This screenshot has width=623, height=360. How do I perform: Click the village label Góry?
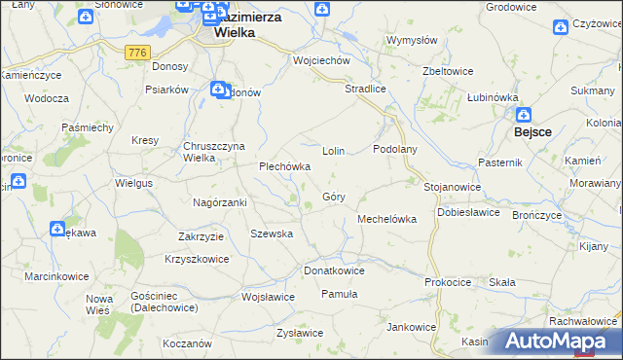331,197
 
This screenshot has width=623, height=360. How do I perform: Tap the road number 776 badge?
135,51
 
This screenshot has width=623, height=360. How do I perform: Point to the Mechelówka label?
387,219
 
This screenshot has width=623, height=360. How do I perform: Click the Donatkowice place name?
334,270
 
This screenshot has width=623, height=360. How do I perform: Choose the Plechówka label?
284,166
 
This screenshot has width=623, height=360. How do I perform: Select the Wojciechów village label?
321,60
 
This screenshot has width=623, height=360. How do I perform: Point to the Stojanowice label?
453,186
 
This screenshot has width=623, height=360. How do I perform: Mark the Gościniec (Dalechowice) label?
163,302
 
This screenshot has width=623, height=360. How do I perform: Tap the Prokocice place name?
448,282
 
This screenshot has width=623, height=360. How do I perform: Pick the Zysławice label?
299,333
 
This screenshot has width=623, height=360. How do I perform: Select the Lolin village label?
335,152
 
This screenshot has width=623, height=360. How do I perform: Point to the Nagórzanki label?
220,202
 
